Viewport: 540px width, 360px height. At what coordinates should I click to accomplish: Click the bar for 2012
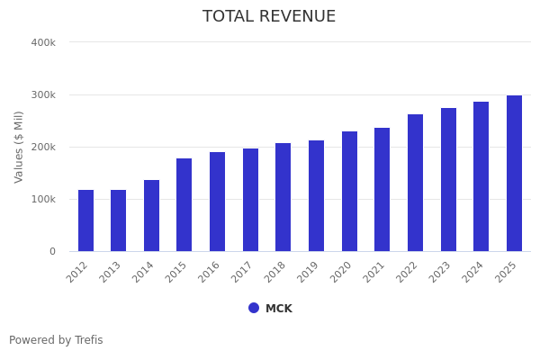(85, 220)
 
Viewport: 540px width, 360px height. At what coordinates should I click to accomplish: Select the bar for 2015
(184, 205)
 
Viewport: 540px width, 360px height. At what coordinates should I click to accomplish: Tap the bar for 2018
(283, 197)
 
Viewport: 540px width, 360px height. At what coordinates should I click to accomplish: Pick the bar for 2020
(349, 192)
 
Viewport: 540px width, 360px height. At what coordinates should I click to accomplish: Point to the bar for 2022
(415, 183)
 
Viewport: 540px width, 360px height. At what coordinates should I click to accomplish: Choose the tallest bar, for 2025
(514, 174)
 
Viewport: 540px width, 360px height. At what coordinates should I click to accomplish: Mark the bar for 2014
(151, 216)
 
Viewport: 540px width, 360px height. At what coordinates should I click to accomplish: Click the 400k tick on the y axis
(43, 42)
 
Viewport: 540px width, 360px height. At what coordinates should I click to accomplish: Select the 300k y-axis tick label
(43, 94)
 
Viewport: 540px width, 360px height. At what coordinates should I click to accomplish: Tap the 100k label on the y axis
(43, 199)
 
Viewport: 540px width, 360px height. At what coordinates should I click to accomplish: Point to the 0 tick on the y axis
(52, 251)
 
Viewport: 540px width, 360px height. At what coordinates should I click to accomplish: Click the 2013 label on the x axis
(112, 272)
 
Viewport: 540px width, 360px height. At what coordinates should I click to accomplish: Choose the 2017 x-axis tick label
(244, 272)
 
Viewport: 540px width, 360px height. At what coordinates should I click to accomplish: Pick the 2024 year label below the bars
(474, 272)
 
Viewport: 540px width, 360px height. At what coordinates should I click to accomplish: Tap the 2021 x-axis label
(375, 272)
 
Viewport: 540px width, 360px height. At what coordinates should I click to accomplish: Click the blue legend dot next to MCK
(254, 308)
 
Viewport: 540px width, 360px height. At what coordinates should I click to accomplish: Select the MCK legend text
(279, 309)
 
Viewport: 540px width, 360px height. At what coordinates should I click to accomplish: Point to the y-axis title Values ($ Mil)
(19, 147)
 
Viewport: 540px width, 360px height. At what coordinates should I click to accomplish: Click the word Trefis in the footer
(87, 340)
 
